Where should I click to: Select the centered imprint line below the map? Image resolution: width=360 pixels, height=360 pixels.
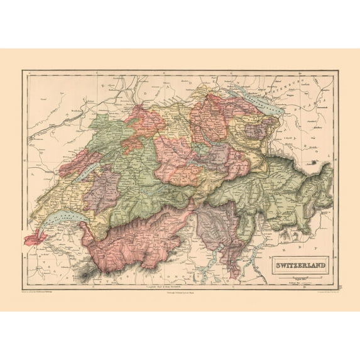[x=180, y=293]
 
